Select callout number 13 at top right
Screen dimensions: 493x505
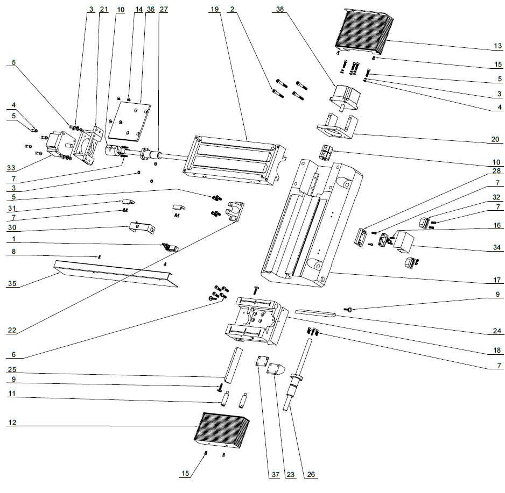pos(497,46)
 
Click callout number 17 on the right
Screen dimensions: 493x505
pos(497,280)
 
